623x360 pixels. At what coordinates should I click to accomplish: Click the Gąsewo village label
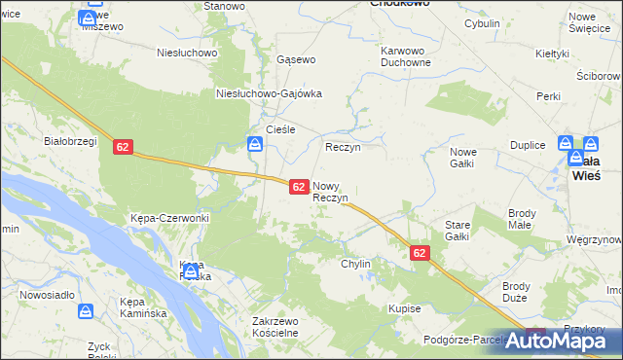point(296,59)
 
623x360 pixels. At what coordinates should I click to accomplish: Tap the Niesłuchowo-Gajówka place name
point(268,94)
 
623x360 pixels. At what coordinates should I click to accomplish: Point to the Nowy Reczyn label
point(330,192)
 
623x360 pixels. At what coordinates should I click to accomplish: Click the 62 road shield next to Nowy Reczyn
point(300,186)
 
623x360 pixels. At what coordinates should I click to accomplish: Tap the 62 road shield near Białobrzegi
point(122,146)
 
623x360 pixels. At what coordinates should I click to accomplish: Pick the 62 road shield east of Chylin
point(419,252)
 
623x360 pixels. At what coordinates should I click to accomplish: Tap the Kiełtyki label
point(552,53)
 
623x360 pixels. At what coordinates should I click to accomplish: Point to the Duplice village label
point(528,144)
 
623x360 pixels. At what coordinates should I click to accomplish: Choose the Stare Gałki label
point(458,231)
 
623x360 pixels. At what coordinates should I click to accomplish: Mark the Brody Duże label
point(516,292)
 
